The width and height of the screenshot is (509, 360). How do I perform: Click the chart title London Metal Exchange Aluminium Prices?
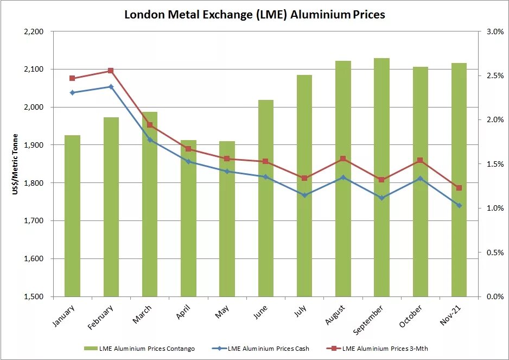[x=254, y=14]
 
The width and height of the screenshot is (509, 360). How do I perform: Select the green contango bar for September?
[x=382, y=179]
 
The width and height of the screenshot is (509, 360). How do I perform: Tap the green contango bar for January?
[x=72, y=217]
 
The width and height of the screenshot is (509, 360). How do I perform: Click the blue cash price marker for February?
[x=111, y=86]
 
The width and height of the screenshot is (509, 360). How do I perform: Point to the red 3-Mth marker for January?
[x=72, y=78]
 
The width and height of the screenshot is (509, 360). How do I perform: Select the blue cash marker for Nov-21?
[x=459, y=205]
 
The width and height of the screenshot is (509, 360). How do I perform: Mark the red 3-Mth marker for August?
[x=343, y=159]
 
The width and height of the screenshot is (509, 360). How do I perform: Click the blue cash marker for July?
[x=304, y=195]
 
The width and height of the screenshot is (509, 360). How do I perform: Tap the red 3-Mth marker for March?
[x=150, y=125]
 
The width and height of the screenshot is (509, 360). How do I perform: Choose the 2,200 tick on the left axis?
[x=34, y=31]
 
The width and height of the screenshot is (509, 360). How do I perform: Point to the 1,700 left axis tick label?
[x=34, y=221]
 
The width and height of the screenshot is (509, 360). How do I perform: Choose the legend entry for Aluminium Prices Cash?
[x=262, y=348]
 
